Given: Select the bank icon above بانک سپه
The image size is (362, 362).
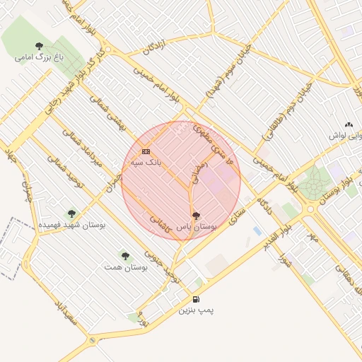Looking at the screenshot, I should tap(146, 151).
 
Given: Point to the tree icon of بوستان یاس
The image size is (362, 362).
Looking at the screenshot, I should tap(196, 216).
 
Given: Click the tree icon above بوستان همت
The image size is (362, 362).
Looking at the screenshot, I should tap(125, 256).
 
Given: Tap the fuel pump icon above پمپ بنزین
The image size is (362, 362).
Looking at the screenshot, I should tap(196, 299).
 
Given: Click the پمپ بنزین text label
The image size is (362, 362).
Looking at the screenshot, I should tap(196, 310).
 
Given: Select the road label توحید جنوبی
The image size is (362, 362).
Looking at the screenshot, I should tap(159, 261).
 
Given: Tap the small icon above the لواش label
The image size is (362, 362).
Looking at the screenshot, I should tap(349, 124).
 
